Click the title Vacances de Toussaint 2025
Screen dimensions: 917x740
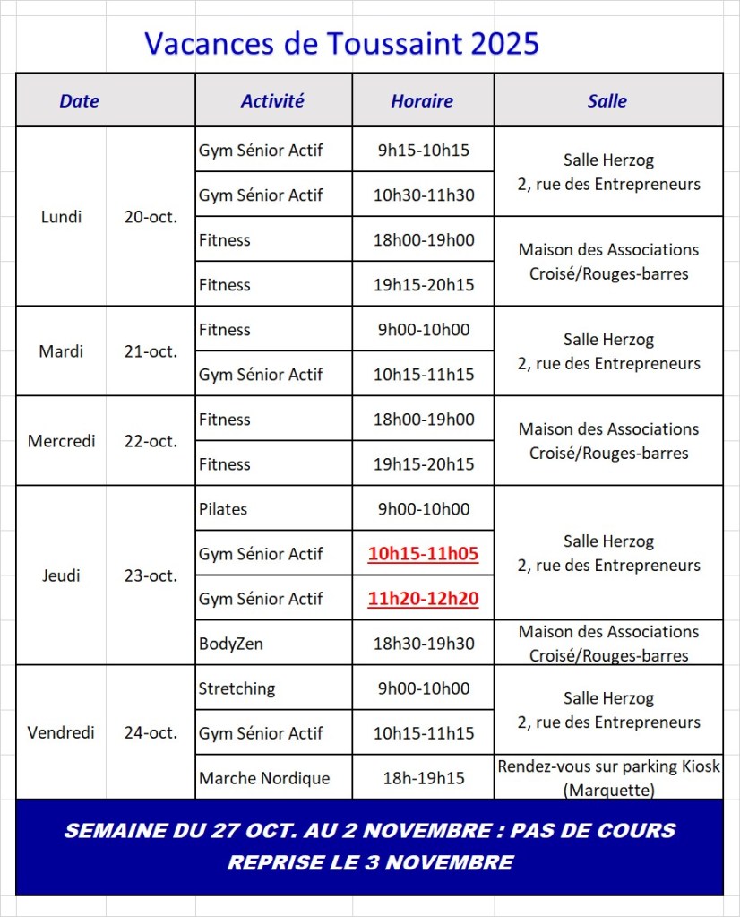341,43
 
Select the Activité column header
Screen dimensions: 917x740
272,101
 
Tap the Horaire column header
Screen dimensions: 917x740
422,101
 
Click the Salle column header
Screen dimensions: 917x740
607,101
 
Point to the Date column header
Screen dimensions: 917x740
79,101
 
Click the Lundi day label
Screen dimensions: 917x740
62,217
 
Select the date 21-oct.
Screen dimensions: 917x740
151,351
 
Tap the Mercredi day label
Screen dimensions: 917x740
62,441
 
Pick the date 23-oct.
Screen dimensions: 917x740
151,575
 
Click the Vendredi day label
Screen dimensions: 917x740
62,732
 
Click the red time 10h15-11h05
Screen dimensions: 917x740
423,554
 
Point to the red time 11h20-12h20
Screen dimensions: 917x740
423,599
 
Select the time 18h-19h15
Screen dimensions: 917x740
423,778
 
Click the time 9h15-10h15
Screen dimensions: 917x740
423,151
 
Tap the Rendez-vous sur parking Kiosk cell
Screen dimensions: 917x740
608,777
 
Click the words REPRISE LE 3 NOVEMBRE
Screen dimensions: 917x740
370,863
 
